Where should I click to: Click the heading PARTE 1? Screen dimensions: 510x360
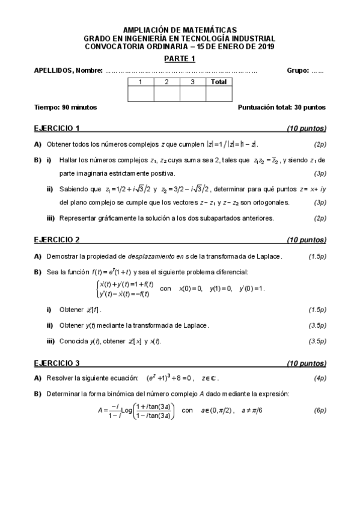point(180,58)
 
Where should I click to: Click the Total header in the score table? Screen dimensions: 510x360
point(219,82)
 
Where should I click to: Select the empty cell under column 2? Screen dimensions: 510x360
point(166,94)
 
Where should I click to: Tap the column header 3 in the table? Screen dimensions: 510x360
point(192,82)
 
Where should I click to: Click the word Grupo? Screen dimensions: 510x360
point(297,70)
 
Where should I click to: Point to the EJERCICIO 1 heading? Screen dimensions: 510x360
point(57,128)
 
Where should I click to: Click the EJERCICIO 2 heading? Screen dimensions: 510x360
point(57,239)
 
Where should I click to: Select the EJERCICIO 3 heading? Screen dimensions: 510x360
point(57,363)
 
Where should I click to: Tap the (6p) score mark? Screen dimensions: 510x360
point(320,410)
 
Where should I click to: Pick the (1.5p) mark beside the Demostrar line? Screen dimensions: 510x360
point(317,256)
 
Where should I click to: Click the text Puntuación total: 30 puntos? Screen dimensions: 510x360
point(282,107)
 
